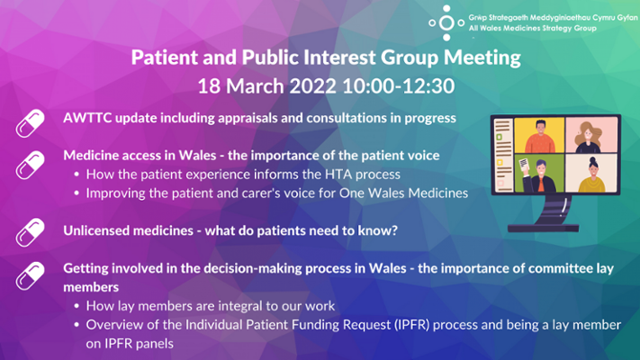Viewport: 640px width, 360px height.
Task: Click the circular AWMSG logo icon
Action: [x=446, y=23]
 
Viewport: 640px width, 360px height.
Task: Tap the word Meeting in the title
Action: [x=482, y=58]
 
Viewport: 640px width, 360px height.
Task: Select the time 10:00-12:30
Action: [x=399, y=86]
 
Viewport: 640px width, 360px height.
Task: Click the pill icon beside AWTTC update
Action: [x=31, y=123]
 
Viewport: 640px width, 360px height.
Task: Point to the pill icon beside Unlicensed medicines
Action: [x=31, y=232]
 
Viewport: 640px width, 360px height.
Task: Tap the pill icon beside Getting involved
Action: [x=31, y=276]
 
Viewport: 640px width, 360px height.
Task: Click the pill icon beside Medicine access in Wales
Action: [x=31, y=165]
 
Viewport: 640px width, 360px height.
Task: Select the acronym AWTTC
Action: [x=87, y=118]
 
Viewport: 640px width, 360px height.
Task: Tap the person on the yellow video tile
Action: [x=539, y=136]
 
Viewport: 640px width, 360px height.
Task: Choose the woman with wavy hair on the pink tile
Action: [x=589, y=137]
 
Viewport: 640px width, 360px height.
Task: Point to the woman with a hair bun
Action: [x=591, y=175]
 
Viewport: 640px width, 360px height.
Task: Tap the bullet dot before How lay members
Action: [x=77, y=306]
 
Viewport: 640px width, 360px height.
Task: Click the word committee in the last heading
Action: [x=561, y=268]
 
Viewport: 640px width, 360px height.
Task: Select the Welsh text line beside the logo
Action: [x=553, y=18]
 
